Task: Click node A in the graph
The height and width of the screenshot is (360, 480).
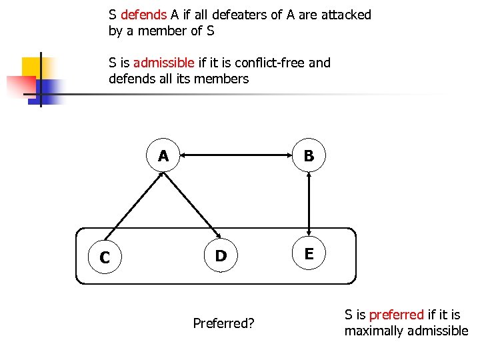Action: pyautogui.click(x=163, y=156)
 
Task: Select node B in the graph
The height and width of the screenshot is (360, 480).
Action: pyautogui.click(x=309, y=156)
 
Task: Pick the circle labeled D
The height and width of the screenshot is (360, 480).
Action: pyautogui.click(x=221, y=255)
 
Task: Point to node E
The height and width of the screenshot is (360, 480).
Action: pyautogui.click(x=309, y=253)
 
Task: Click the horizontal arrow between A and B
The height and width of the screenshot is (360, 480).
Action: pyautogui.click(x=236, y=156)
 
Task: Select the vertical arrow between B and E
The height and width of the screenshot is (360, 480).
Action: pyautogui.click(x=309, y=205)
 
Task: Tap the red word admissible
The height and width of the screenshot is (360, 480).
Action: pyautogui.click(x=163, y=63)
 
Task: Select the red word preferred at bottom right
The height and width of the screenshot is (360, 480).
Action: pyautogui.click(x=396, y=315)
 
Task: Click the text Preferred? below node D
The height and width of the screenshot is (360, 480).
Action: pyautogui.click(x=223, y=324)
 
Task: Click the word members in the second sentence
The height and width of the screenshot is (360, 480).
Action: pyautogui.click(x=226, y=79)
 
